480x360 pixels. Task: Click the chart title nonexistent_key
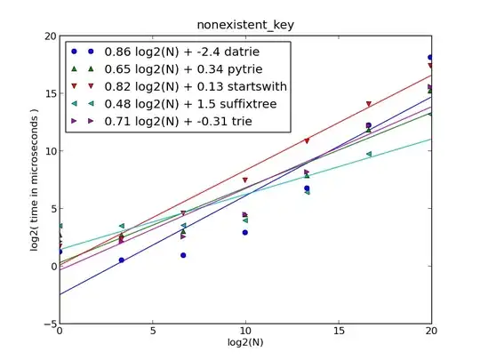(245, 25)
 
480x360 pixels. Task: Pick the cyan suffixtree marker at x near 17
(369, 155)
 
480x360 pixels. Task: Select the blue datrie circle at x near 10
(244, 232)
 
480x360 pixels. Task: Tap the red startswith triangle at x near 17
(369, 104)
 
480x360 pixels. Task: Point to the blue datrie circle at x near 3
(121, 260)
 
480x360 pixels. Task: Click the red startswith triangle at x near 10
(244, 180)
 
